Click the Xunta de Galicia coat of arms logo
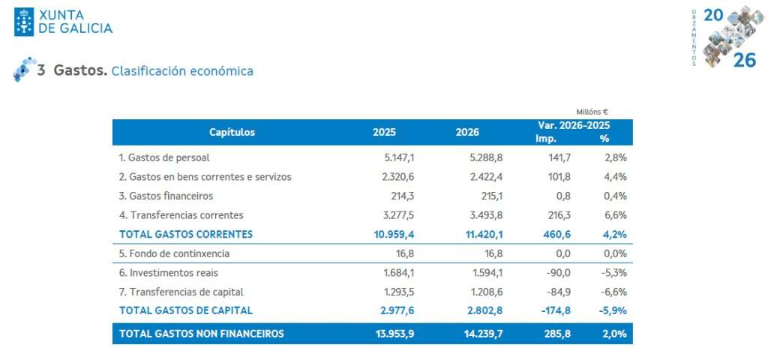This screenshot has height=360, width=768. (24, 22)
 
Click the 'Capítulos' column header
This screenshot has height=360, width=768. (232, 133)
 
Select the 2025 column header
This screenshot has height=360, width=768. (384, 133)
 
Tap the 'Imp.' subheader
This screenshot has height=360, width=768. (545, 139)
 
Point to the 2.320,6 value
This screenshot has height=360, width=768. (397, 177)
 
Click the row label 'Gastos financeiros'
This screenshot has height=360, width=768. (166, 196)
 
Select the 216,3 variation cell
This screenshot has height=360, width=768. (556, 215)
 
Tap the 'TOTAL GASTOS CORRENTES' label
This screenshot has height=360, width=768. (185, 234)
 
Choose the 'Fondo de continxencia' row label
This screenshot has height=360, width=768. (174, 253)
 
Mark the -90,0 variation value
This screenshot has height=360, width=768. (557, 272)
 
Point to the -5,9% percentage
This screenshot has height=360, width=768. (613, 310)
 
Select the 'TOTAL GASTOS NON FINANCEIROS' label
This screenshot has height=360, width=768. (201, 334)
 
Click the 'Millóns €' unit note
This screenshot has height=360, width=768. (592, 112)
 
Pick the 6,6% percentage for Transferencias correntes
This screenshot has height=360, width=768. (615, 215)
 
